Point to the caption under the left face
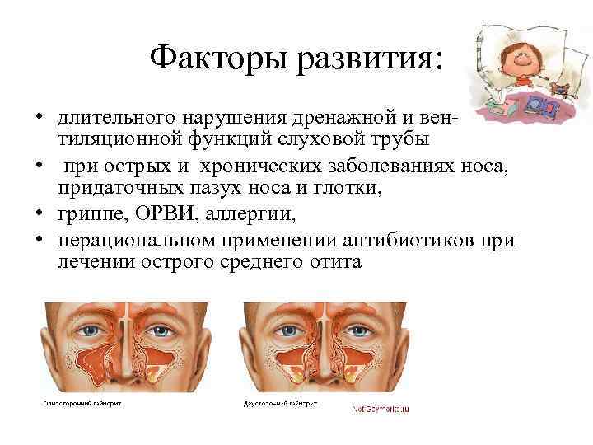[79, 405]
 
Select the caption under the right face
[279, 405]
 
